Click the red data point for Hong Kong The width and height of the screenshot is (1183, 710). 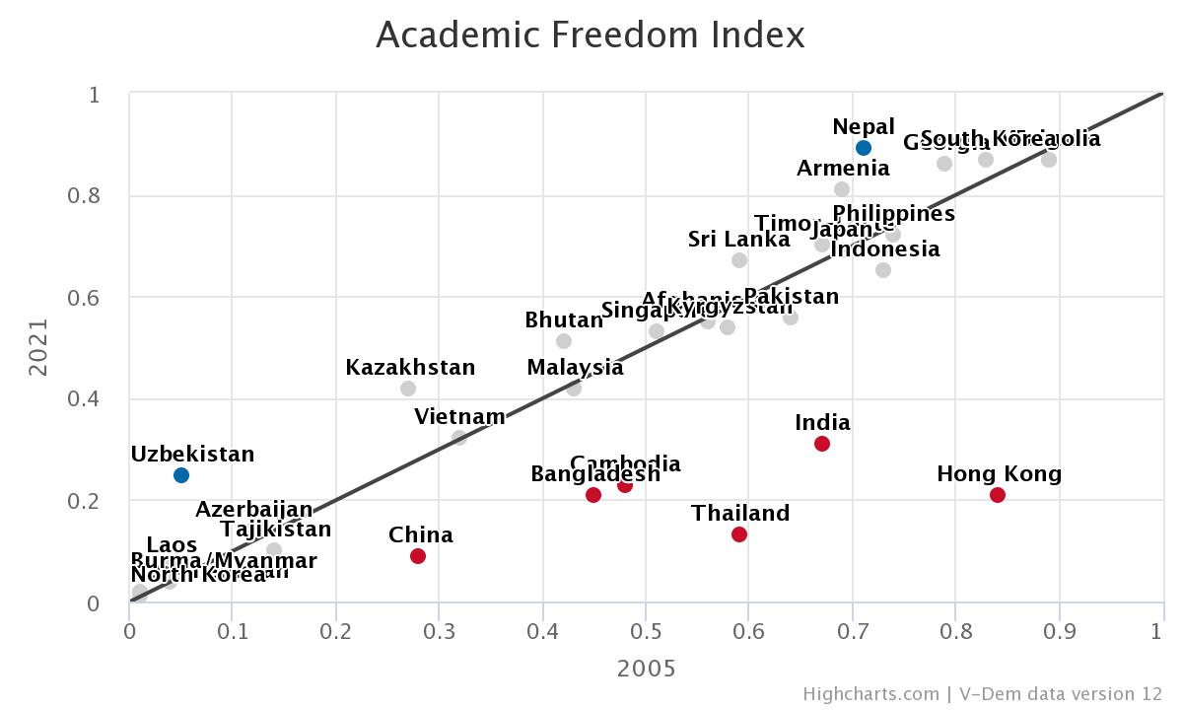(998, 495)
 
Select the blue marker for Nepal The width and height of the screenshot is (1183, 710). (864, 148)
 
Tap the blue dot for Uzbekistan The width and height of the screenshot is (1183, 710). (181, 475)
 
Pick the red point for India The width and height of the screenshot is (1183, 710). (822, 444)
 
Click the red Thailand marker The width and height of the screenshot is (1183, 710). (739, 534)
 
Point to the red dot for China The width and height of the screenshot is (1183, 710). (418, 556)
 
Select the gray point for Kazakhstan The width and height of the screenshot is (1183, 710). (408, 389)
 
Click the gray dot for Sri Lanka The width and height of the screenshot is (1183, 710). (739, 260)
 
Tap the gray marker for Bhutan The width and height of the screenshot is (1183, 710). (564, 341)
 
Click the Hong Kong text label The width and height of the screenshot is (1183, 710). (999, 474)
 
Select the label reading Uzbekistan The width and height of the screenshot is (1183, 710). (192, 455)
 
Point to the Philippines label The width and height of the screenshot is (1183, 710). (893, 214)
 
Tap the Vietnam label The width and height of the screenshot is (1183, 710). (459, 417)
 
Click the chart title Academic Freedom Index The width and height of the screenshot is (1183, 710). (591, 35)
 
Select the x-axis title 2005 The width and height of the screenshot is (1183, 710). (647, 669)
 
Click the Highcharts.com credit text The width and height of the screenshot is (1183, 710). (870, 694)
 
